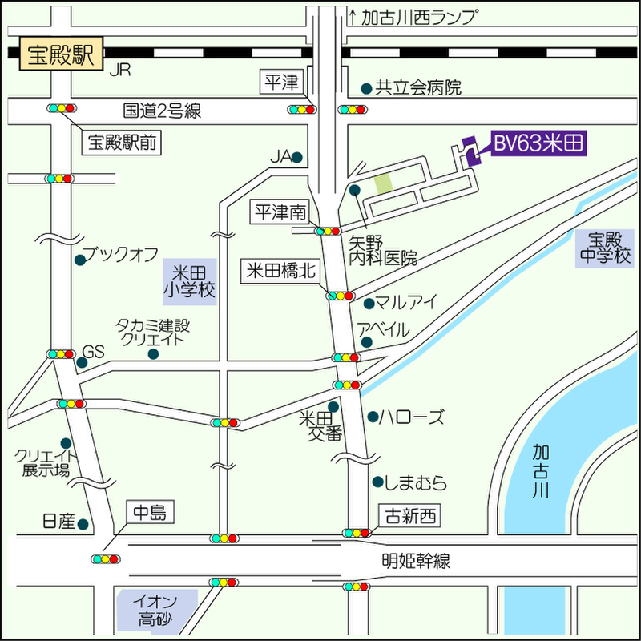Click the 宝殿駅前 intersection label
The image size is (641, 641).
tap(123, 143)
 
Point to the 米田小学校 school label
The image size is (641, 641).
tap(190, 280)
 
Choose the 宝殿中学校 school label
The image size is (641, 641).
tap(603, 248)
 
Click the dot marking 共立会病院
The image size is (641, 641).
tap(366, 88)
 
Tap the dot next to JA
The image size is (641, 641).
tap(297, 158)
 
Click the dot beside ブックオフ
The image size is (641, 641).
tap(79, 260)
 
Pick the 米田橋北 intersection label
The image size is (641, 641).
tap(282, 271)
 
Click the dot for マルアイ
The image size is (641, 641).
tap(369, 304)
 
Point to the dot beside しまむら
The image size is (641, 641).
tap(377, 482)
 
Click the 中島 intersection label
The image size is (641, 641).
tap(150, 513)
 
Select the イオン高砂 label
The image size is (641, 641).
tap(156, 609)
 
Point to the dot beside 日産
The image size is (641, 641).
tap(83, 524)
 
